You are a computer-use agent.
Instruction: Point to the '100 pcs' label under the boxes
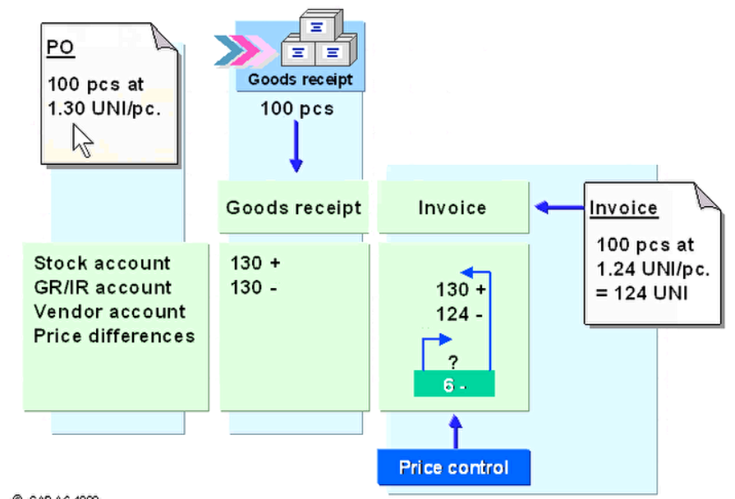tap(297, 108)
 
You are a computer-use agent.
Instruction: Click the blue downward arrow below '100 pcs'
tap(296, 149)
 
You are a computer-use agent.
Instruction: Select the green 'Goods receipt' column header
tap(293, 208)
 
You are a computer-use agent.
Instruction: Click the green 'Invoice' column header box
tap(452, 208)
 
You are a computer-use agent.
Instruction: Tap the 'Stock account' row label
tap(102, 263)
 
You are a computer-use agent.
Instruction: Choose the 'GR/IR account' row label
tap(103, 287)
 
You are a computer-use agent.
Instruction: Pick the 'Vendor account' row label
tap(110, 312)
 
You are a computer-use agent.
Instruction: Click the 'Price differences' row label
tap(114, 336)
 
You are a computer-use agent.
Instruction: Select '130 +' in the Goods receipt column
tap(255, 263)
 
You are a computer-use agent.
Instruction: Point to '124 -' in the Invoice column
tap(452, 314)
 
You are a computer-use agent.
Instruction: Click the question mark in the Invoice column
tap(452, 361)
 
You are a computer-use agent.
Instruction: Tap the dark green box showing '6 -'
tap(454, 384)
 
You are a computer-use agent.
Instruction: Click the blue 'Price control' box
tap(453, 468)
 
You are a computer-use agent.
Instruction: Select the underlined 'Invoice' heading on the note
tap(623, 208)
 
